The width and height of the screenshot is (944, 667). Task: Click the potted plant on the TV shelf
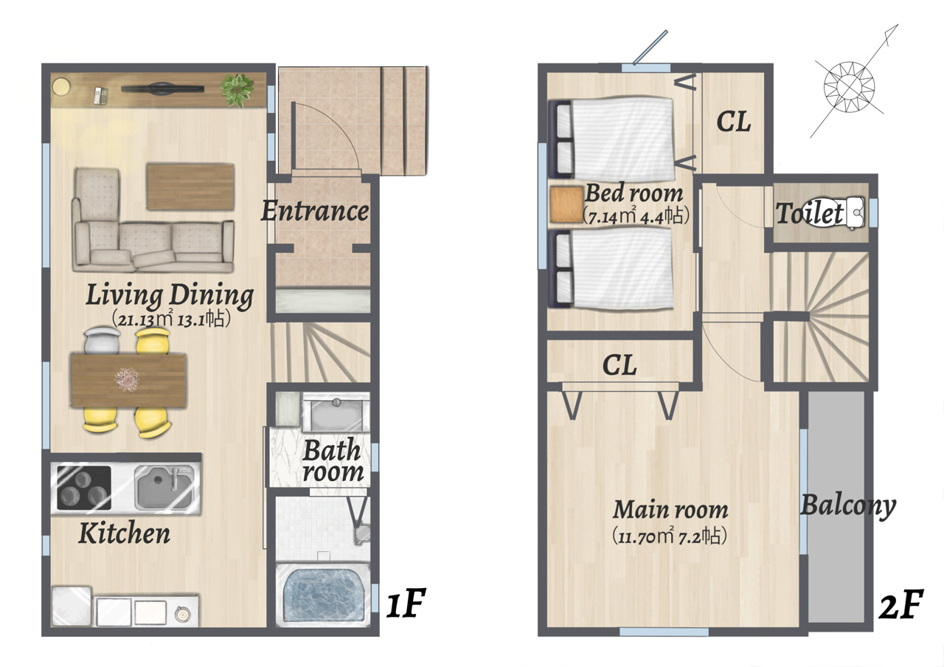tap(238, 90)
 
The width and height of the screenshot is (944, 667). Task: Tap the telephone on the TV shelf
tap(101, 96)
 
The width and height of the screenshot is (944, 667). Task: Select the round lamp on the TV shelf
tap(61, 87)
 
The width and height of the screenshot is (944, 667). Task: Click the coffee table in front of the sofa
tap(190, 187)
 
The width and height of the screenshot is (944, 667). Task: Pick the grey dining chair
tap(103, 341)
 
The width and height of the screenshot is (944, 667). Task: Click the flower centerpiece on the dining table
tap(127, 379)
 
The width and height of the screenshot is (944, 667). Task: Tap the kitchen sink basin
tap(164, 487)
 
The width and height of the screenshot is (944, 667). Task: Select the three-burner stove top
tap(84, 488)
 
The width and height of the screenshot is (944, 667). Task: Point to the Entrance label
tap(315, 211)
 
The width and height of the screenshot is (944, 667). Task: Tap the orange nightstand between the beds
tap(566, 204)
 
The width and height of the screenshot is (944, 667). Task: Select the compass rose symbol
tap(849, 87)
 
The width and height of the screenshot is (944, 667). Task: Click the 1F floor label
tap(406, 603)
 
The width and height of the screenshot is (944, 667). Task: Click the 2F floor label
tap(901, 604)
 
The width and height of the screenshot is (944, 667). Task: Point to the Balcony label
tap(848, 505)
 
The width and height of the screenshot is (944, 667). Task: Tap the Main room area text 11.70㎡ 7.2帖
tap(670, 536)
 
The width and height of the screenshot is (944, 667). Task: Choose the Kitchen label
tap(125, 533)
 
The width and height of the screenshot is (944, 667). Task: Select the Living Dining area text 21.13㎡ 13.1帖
tap(171, 319)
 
